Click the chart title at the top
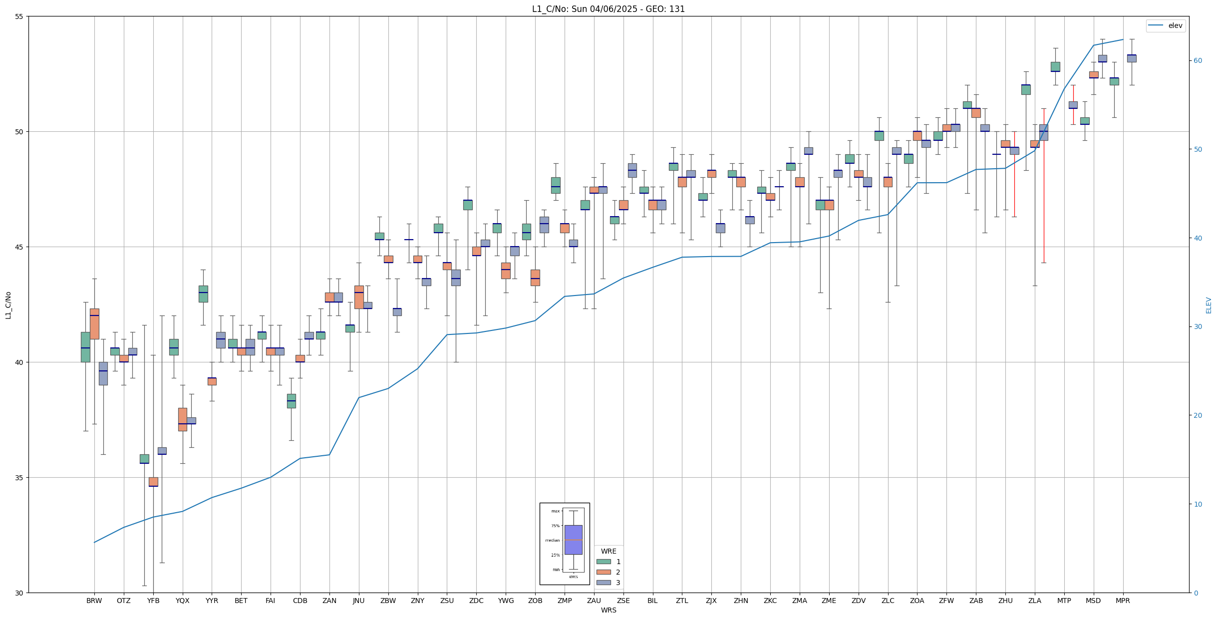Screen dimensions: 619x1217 [608, 9]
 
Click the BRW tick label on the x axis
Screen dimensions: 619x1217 [94, 601]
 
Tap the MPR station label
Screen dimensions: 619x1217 [1123, 601]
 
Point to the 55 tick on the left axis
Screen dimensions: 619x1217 [20, 16]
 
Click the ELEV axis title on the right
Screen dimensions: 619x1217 [1209, 305]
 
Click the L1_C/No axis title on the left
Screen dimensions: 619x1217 [8, 305]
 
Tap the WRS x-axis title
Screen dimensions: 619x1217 [608, 610]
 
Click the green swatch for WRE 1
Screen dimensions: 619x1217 [604, 562]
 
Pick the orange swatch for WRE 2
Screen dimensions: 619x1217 [604, 572]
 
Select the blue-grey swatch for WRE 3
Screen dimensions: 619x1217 [604, 583]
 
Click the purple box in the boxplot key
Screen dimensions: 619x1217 [573, 540]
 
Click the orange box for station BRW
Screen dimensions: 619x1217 [94, 324]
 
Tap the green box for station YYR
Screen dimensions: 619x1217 [203, 294]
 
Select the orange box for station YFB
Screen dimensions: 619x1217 [153, 482]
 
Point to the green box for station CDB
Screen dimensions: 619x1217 [291, 401]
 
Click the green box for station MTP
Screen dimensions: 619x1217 [1055, 66]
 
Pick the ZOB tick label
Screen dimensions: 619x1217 [535, 601]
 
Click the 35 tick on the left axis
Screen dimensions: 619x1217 [20, 478]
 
